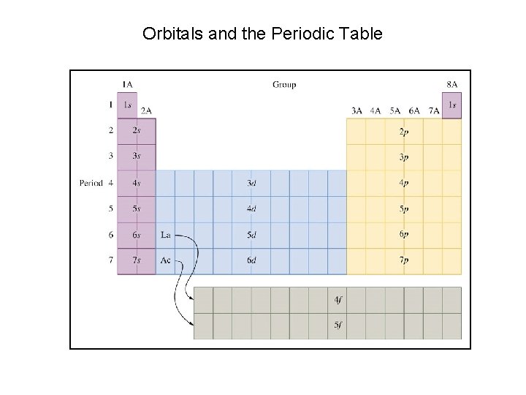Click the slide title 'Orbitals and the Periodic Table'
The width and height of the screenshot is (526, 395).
(262, 34)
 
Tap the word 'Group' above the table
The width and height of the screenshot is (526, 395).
(284, 85)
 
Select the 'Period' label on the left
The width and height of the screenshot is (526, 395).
(91, 183)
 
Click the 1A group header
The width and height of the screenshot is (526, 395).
(127, 85)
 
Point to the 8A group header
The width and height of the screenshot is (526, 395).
(452, 85)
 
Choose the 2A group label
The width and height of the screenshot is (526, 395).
(146, 110)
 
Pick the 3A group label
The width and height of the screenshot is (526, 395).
(357, 110)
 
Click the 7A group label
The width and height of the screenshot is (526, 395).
(433, 110)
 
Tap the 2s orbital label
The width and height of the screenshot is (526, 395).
(137, 131)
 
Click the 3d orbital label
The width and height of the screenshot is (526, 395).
(251, 183)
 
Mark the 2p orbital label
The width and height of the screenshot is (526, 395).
(404, 132)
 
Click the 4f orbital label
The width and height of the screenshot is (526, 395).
(337, 300)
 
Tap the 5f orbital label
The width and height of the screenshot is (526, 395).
(337, 326)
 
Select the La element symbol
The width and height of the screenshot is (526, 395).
(166, 235)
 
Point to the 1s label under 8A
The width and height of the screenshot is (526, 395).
(452, 105)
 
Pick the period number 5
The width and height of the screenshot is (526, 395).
(111, 209)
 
